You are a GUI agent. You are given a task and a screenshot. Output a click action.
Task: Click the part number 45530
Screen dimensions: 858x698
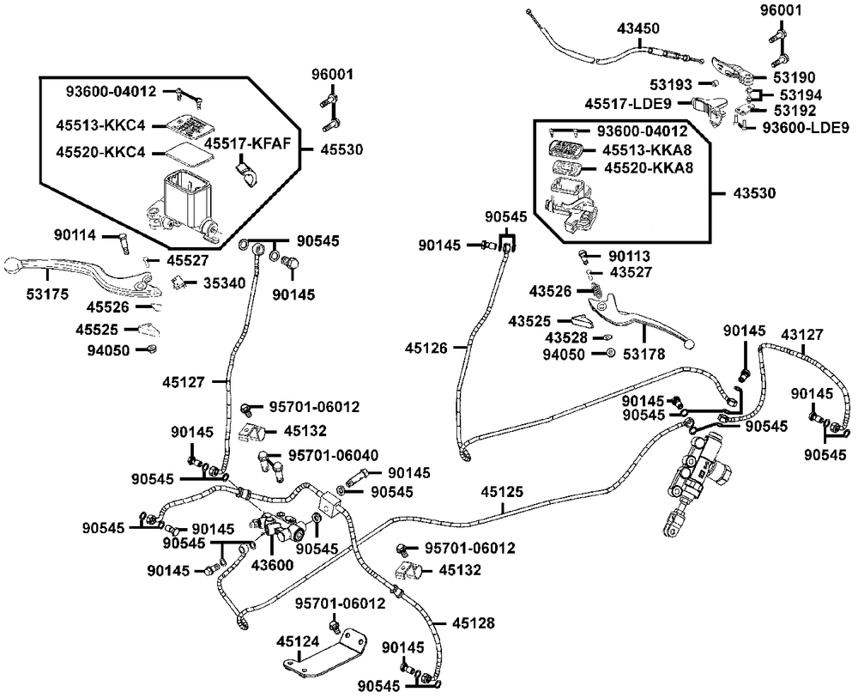coord(341,149)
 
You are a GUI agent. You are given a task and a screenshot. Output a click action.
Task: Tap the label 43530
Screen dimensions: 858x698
coord(754,193)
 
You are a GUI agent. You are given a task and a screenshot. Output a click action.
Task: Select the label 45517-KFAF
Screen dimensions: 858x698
coord(247,144)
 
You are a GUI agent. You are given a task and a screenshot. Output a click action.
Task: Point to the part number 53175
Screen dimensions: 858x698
coord(47,294)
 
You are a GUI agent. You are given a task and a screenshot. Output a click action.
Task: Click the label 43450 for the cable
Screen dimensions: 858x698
coord(638,28)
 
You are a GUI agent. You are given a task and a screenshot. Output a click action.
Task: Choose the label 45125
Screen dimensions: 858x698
coord(502,492)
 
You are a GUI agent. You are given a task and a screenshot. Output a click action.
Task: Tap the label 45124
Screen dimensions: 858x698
coord(299,641)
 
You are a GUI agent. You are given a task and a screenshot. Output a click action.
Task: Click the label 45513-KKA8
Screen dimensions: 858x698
coord(647,149)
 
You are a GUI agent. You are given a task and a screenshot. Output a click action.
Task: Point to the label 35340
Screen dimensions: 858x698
coord(225,283)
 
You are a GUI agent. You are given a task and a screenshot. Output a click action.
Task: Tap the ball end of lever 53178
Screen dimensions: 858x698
coord(690,343)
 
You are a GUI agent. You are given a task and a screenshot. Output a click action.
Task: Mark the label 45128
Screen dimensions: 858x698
coord(474,623)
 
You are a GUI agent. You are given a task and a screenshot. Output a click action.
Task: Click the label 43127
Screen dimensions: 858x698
coord(802,334)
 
